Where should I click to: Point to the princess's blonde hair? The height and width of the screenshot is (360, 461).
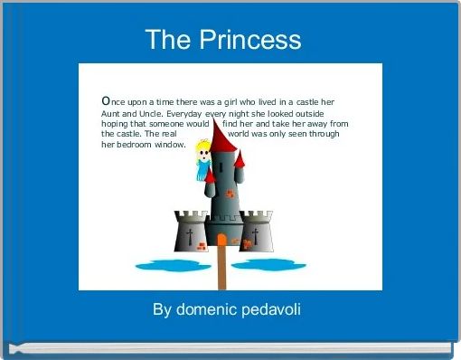point(204,146)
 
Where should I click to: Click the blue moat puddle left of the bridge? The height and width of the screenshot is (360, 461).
point(172,266)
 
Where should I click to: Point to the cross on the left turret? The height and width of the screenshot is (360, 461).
point(190,237)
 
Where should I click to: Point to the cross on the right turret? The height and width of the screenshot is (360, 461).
point(255,237)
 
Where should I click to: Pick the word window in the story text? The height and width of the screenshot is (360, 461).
point(171,144)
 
